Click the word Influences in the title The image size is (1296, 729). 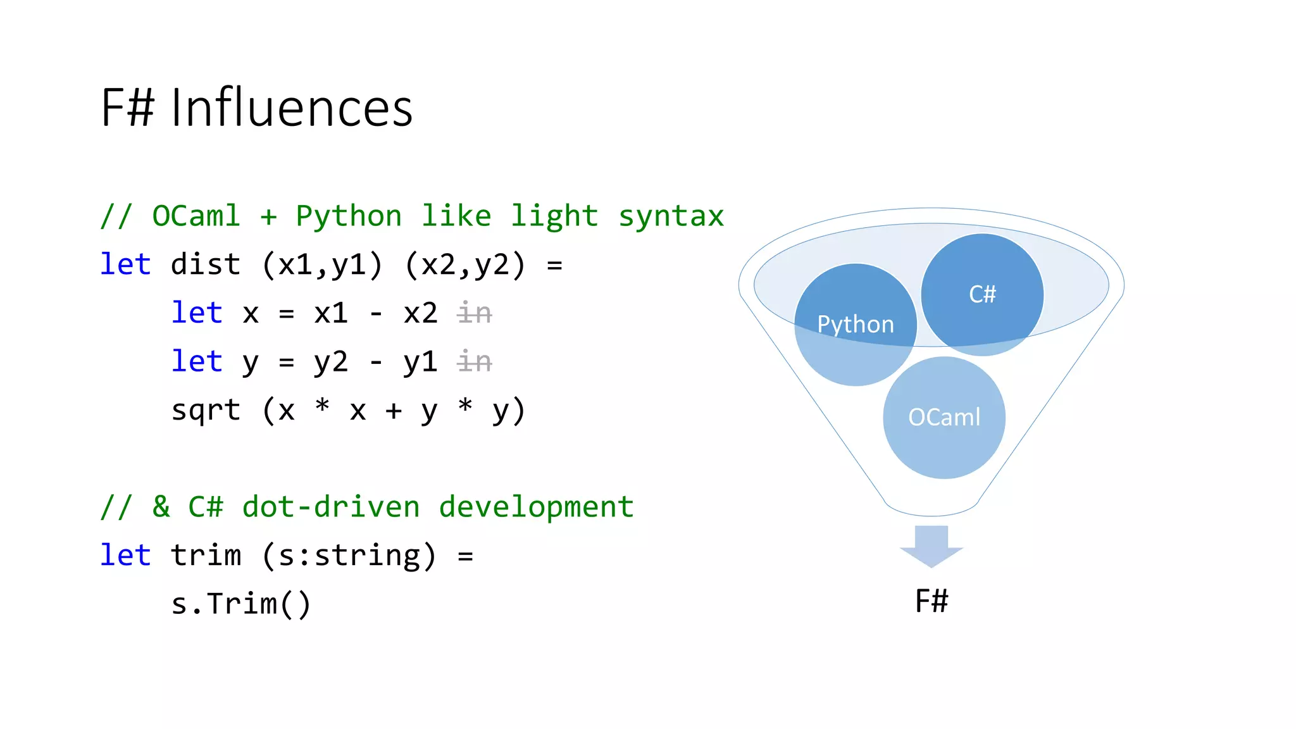coord(292,108)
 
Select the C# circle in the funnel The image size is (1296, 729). coord(981,294)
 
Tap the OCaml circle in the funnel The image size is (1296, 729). coord(944,417)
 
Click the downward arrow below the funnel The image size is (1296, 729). coord(931,545)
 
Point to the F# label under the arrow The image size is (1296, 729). coord(931,601)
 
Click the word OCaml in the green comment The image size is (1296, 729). coord(196,216)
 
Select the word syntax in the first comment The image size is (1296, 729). coord(671,216)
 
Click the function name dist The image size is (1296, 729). coord(206,265)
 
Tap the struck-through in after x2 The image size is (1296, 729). coord(475,313)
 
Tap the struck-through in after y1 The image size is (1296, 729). coord(475,362)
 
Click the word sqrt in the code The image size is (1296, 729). coord(206,410)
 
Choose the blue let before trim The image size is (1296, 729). coord(125,556)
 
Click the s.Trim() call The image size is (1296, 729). coord(241,604)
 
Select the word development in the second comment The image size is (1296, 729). coord(536,507)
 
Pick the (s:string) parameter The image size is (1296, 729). coord(349,556)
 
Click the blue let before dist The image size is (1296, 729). coord(125,265)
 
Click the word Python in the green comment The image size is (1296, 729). coord(349,216)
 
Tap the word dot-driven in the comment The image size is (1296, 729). coord(330,507)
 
